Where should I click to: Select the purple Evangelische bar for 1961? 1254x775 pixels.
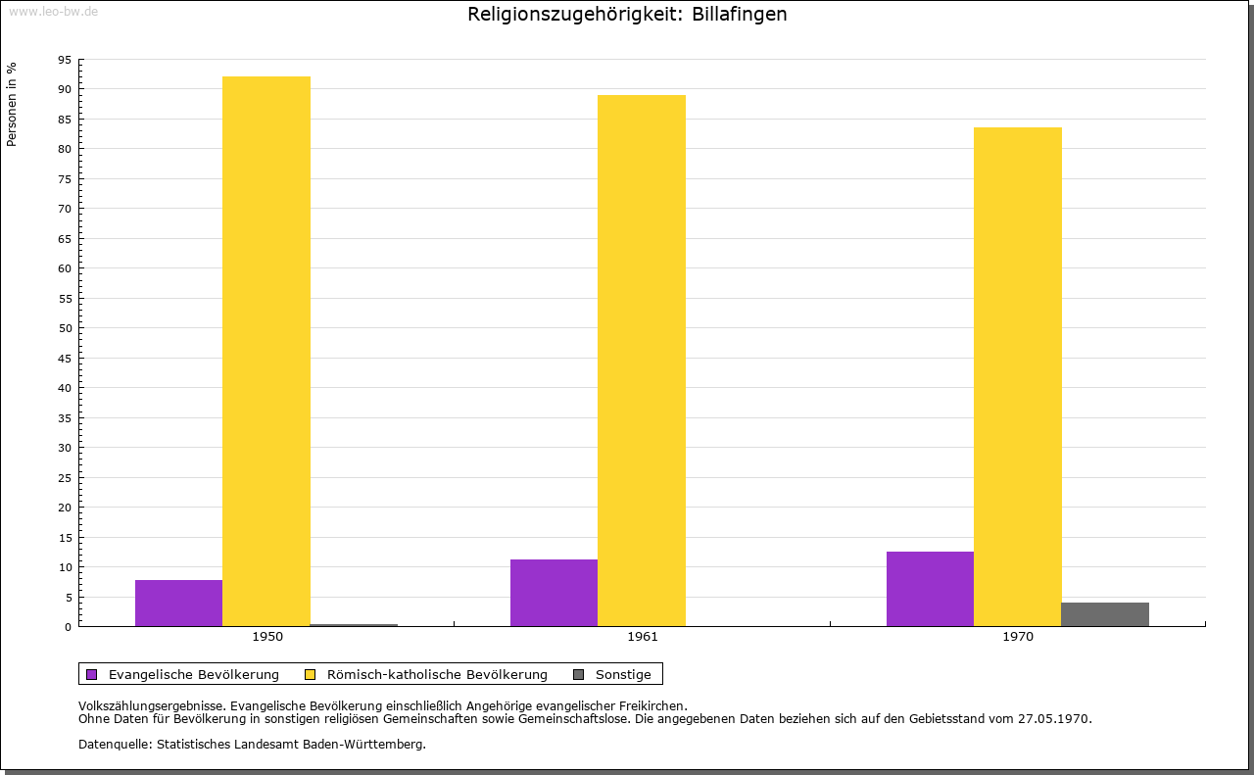point(554,593)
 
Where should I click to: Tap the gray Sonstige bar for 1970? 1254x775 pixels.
point(1104,614)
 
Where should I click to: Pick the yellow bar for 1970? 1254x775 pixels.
point(1017,376)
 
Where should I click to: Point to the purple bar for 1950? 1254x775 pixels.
point(178,603)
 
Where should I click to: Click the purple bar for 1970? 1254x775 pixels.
point(930,589)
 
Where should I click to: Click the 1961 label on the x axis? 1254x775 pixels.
point(643,637)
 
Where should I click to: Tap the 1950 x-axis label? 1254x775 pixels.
point(267,637)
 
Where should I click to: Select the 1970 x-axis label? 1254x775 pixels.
point(1018,637)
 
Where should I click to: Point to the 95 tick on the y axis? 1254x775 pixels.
point(65,60)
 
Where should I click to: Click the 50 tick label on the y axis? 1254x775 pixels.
point(65,328)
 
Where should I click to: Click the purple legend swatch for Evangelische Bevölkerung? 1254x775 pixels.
point(92,674)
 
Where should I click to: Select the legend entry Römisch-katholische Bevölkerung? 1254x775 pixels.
point(437,674)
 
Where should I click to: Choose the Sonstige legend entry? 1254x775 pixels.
point(623,674)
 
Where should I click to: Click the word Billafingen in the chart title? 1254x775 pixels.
point(737,15)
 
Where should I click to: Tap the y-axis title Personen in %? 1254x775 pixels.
point(12,104)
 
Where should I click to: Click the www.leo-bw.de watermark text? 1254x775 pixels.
point(53,11)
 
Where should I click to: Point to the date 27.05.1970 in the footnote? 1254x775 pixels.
point(1054,718)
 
